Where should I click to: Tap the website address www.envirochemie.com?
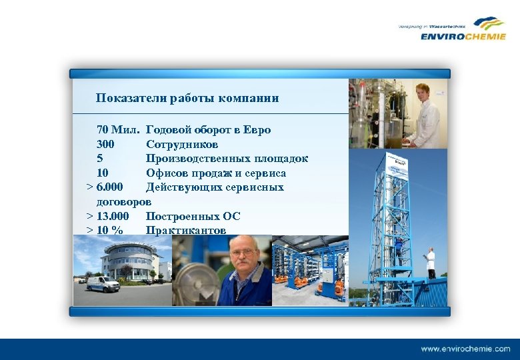pyautogui.click(x=465, y=349)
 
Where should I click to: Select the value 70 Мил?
pyautogui.click(x=117, y=129)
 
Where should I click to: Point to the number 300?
pyautogui.click(x=105, y=144)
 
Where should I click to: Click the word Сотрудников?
pyautogui.click(x=182, y=144)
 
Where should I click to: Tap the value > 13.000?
pyautogui.click(x=107, y=216)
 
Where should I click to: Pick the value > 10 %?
pyautogui.click(x=105, y=231)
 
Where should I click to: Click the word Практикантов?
pyautogui.click(x=186, y=231)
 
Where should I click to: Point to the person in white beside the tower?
pyautogui.click(x=431, y=261)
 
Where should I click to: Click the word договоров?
pyautogui.click(x=124, y=201)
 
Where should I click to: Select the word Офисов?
pyautogui.click(x=167, y=173)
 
